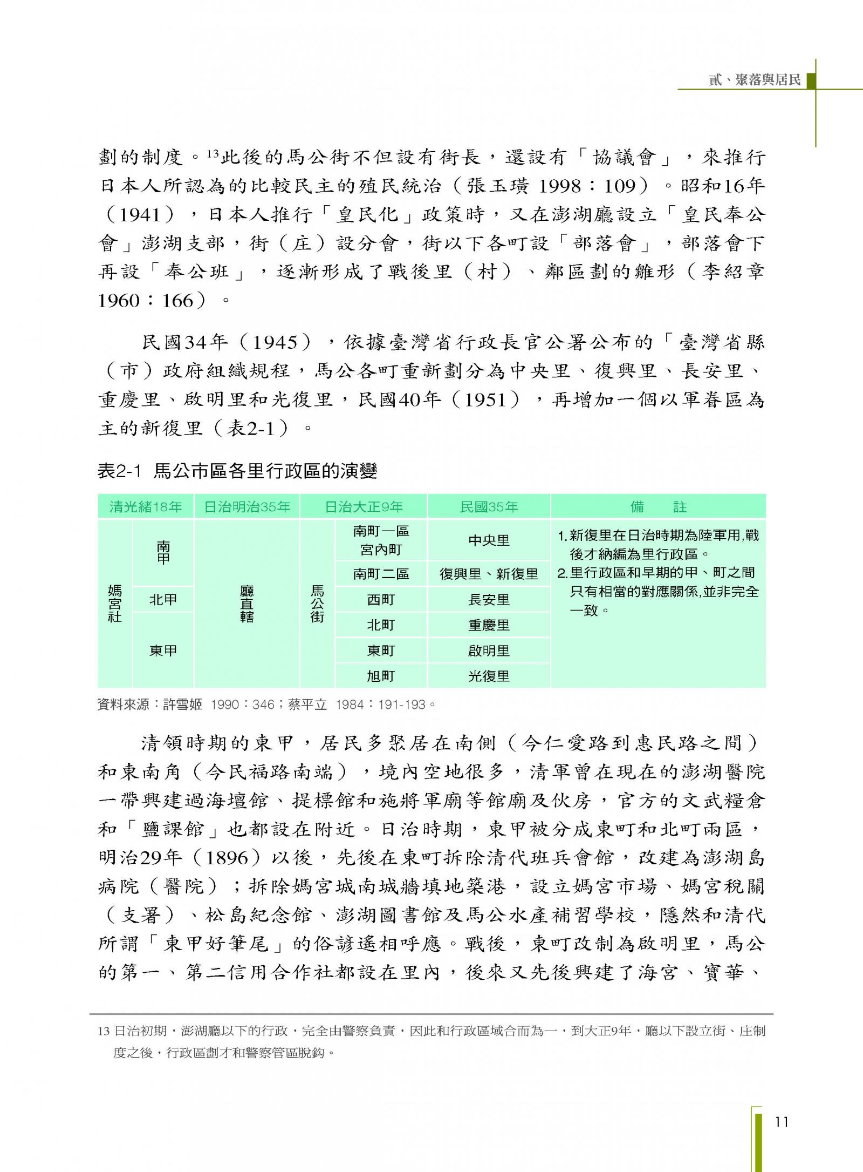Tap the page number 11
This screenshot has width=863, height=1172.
782,1122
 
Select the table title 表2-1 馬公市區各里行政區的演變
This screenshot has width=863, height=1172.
237,471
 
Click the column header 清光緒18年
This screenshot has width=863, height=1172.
146,507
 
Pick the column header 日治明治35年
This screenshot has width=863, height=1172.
247,507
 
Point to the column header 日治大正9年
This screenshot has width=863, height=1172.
364,507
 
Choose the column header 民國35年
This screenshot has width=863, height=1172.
489,507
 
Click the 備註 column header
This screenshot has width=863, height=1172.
658,507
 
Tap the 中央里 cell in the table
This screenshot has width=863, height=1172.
489,540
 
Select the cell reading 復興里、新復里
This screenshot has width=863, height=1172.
489,574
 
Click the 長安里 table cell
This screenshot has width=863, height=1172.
489,600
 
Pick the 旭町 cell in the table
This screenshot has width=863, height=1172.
381,676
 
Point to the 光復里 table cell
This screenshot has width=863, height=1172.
489,676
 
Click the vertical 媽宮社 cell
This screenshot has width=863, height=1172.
115,604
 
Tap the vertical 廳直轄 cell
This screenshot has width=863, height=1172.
247,604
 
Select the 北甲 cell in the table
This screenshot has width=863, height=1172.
163,600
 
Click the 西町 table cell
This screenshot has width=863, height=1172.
381,600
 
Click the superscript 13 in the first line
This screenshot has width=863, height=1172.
211,154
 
